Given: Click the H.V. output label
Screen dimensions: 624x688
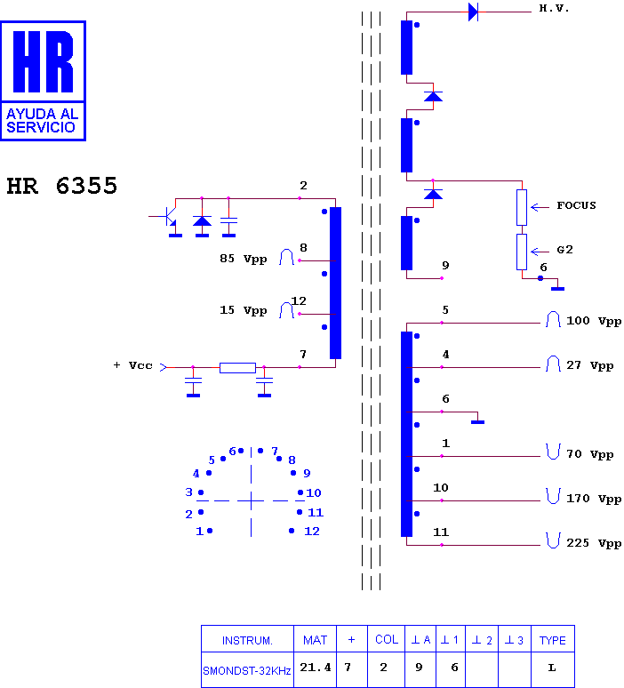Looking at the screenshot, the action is [x=554, y=8].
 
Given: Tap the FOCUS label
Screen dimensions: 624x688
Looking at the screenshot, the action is [x=576, y=205].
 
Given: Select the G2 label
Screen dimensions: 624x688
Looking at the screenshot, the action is [x=564, y=250].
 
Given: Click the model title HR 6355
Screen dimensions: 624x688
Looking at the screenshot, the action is [x=62, y=186].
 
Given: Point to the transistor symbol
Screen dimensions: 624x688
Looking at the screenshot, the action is [x=169, y=216].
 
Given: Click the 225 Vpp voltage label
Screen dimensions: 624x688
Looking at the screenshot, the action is [x=594, y=543].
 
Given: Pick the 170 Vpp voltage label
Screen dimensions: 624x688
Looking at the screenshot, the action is [x=594, y=499].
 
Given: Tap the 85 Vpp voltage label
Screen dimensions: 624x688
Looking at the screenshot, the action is [x=243, y=259].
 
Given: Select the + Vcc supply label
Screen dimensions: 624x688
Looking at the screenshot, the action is [x=133, y=365].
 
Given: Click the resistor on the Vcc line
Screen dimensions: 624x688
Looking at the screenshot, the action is [x=237, y=368].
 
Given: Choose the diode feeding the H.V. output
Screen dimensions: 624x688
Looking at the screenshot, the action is [x=473, y=12].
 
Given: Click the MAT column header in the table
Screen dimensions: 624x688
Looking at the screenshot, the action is [x=315, y=640].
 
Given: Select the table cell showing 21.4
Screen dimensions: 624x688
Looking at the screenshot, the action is [x=315, y=668].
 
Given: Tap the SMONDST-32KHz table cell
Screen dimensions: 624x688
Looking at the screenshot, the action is [x=246, y=671].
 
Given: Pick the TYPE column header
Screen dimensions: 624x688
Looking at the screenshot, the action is [x=553, y=641].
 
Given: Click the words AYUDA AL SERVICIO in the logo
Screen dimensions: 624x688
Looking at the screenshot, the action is [x=42, y=121].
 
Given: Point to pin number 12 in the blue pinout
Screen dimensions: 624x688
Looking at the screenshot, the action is [x=312, y=531].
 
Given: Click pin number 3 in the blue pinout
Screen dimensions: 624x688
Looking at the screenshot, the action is [x=188, y=492].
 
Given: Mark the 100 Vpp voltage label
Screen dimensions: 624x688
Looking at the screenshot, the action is [x=594, y=321].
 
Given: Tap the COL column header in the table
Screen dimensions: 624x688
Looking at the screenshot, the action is [x=387, y=640].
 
